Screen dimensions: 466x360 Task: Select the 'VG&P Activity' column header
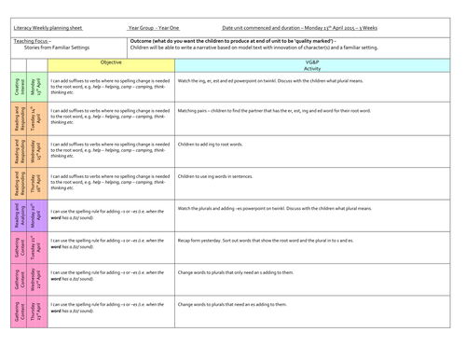coord(318,65)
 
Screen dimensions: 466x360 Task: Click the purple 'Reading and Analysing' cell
coord(18,215)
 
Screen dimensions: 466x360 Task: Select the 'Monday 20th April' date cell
coord(36,215)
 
